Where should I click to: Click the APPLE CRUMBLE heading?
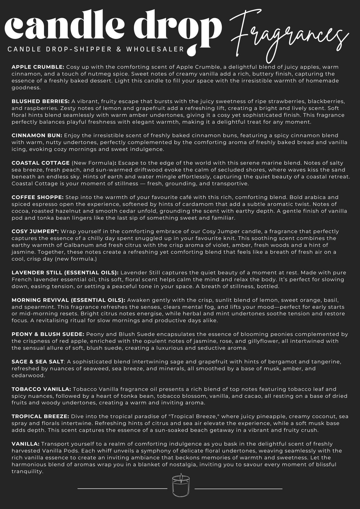[38, 67]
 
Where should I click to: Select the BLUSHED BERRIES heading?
[40, 101]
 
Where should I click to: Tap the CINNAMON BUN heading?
[37, 135]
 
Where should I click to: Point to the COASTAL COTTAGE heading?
[40, 163]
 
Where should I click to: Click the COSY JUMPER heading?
[35, 231]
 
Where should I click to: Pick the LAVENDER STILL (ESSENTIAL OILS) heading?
[65, 273]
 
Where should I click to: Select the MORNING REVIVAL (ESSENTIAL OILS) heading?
[68, 300]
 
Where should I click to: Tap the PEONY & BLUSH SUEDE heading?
[48, 334]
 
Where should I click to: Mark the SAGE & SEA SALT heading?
[38, 362]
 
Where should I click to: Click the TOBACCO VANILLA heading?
[41, 389]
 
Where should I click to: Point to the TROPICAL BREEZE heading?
[40, 417]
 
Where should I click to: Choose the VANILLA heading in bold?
[25, 444]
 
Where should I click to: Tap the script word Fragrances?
[289, 36]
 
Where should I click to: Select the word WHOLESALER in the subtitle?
[155, 49]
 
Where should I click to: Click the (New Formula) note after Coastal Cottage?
[93, 163]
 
